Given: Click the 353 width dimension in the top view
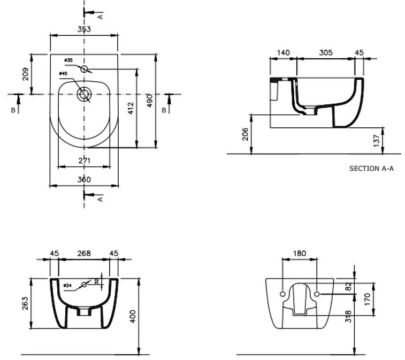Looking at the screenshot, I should click(x=84, y=29).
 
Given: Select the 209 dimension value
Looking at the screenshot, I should click(x=26, y=73).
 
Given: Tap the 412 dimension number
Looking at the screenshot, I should click(x=130, y=110).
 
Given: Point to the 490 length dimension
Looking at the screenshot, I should click(x=150, y=99).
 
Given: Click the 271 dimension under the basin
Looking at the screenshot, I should click(x=83, y=160).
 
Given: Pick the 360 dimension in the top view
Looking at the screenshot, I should click(x=84, y=180).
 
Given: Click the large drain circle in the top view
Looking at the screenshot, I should click(x=84, y=94).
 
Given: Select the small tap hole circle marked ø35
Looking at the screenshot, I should click(x=84, y=69).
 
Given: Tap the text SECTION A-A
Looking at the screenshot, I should click(x=371, y=168).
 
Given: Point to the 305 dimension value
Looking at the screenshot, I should click(x=326, y=52).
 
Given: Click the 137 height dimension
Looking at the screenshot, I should click(x=377, y=140).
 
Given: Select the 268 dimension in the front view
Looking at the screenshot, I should click(x=84, y=253).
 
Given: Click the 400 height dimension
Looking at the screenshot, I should click(x=132, y=316).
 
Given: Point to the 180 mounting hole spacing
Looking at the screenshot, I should click(x=300, y=253).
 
